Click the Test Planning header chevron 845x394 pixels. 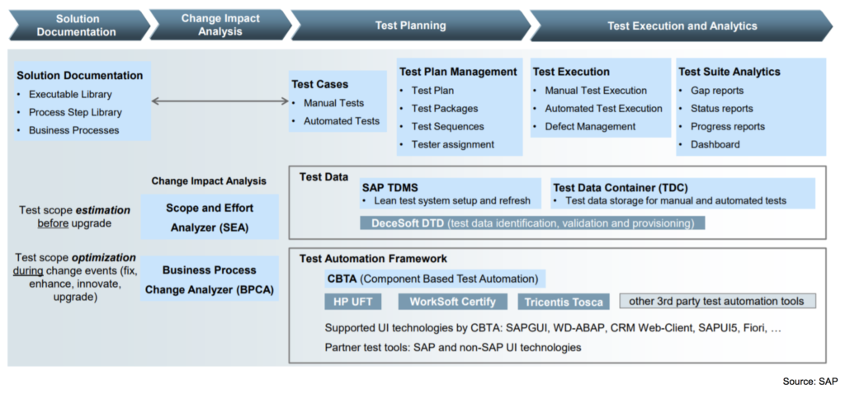click(x=410, y=26)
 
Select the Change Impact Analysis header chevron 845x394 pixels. click(x=220, y=26)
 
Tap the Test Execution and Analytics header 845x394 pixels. click(x=682, y=26)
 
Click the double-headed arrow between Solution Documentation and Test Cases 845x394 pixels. click(x=220, y=101)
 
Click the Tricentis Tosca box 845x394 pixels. click(x=564, y=301)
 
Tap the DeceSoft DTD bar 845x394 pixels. click(x=532, y=223)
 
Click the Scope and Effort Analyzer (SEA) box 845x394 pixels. click(x=209, y=217)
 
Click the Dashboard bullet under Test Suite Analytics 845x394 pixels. click(x=715, y=144)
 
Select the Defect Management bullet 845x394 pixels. click(x=590, y=126)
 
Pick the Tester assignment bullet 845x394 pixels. click(x=452, y=144)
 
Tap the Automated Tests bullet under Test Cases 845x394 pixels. click(x=341, y=120)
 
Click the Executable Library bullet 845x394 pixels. click(x=70, y=94)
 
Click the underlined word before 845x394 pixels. click(x=53, y=223)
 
